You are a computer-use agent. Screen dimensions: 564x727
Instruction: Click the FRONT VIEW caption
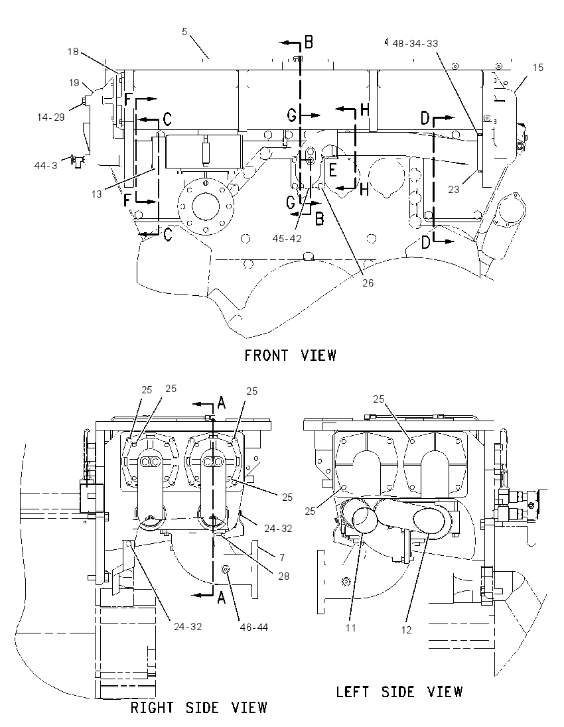291,356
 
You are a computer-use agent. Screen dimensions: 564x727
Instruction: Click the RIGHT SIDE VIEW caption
199,708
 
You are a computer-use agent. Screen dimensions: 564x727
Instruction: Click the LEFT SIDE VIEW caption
399,693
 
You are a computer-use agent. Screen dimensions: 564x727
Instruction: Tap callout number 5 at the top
184,32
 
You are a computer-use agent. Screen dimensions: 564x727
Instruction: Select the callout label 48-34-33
415,44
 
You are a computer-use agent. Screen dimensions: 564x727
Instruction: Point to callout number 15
537,68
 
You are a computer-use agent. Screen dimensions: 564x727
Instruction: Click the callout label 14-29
51,117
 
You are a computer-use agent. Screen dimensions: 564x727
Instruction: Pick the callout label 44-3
46,165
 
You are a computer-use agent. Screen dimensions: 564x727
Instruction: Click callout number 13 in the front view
96,194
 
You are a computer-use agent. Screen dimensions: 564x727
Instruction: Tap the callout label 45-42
287,238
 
